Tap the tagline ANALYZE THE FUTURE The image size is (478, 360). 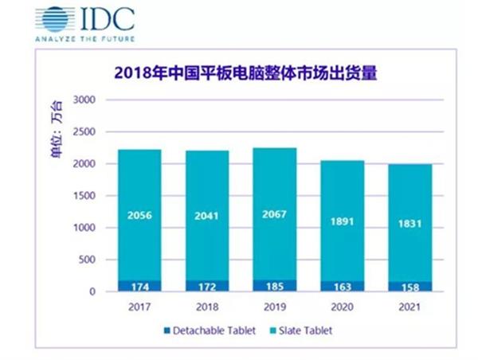pos(85,38)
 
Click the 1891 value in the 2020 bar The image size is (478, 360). pos(343,224)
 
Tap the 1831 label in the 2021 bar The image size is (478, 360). pos(411,224)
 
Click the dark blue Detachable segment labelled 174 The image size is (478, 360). pos(139,285)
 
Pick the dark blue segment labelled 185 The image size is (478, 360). pos(275,285)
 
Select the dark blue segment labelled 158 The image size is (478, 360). pos(411,286)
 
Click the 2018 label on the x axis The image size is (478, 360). pos(206,306)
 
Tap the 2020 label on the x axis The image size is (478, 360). pos(343,306)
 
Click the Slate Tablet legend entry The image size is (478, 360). pos(308,331)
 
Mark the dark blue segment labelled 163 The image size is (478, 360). pos(343,286)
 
